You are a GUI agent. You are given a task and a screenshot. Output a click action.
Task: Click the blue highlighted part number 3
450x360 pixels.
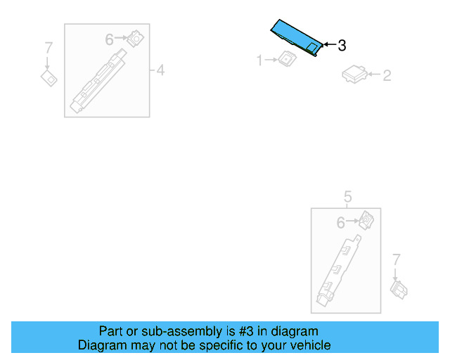coord(295,37)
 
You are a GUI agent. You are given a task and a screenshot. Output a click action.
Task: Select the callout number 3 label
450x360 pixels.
coord(342,46)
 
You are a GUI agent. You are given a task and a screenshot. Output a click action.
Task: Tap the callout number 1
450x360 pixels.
coord(259,61)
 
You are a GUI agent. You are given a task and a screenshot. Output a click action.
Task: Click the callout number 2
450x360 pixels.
coord(387,75)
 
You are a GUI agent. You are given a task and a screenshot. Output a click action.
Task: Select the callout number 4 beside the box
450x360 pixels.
coord(160,70)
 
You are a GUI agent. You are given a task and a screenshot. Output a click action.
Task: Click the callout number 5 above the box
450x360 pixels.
coord(347,196)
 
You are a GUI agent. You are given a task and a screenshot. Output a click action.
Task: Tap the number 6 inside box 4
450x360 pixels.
coord(110,40)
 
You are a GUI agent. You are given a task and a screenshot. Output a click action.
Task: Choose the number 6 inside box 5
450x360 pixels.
coord(340,223)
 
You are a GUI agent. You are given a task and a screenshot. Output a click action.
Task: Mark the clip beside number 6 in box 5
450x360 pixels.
coord(366,220)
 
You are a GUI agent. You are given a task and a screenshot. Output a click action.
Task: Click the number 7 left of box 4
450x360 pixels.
coord(49,48)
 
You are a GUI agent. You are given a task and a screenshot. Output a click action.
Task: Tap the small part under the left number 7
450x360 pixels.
coord(49,77)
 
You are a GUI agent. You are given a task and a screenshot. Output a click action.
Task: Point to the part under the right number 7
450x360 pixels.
coord(399,288)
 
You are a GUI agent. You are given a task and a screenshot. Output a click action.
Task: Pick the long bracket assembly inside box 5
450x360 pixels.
coord(340,271)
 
